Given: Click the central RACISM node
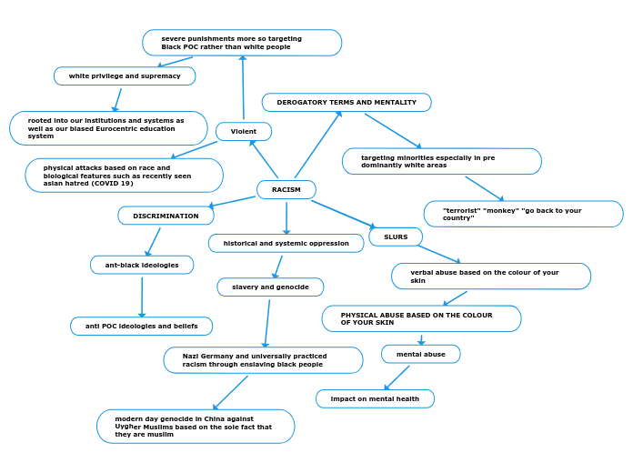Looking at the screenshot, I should coord(286,189).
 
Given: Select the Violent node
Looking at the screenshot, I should coord(243,131).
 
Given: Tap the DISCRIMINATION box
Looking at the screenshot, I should coord(166,216).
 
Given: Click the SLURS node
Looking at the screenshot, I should coord(396,236).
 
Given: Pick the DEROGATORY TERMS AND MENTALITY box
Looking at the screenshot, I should coord(347,102).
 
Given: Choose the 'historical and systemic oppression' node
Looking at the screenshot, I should coord(286,243).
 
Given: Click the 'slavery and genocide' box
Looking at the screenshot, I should coord(270,287).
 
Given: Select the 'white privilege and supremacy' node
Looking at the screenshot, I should coord(125,75).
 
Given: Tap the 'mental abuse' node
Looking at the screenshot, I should coord(420,354).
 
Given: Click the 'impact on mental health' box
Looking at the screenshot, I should coord(375,398).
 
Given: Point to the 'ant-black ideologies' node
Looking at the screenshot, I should coord(142,265).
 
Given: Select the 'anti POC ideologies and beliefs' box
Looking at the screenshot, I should coord(141,326).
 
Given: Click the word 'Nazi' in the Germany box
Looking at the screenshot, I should coord(191,356).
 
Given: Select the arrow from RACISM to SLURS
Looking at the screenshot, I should coord(343,213).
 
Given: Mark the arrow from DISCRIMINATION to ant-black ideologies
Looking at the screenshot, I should coord(153,241).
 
